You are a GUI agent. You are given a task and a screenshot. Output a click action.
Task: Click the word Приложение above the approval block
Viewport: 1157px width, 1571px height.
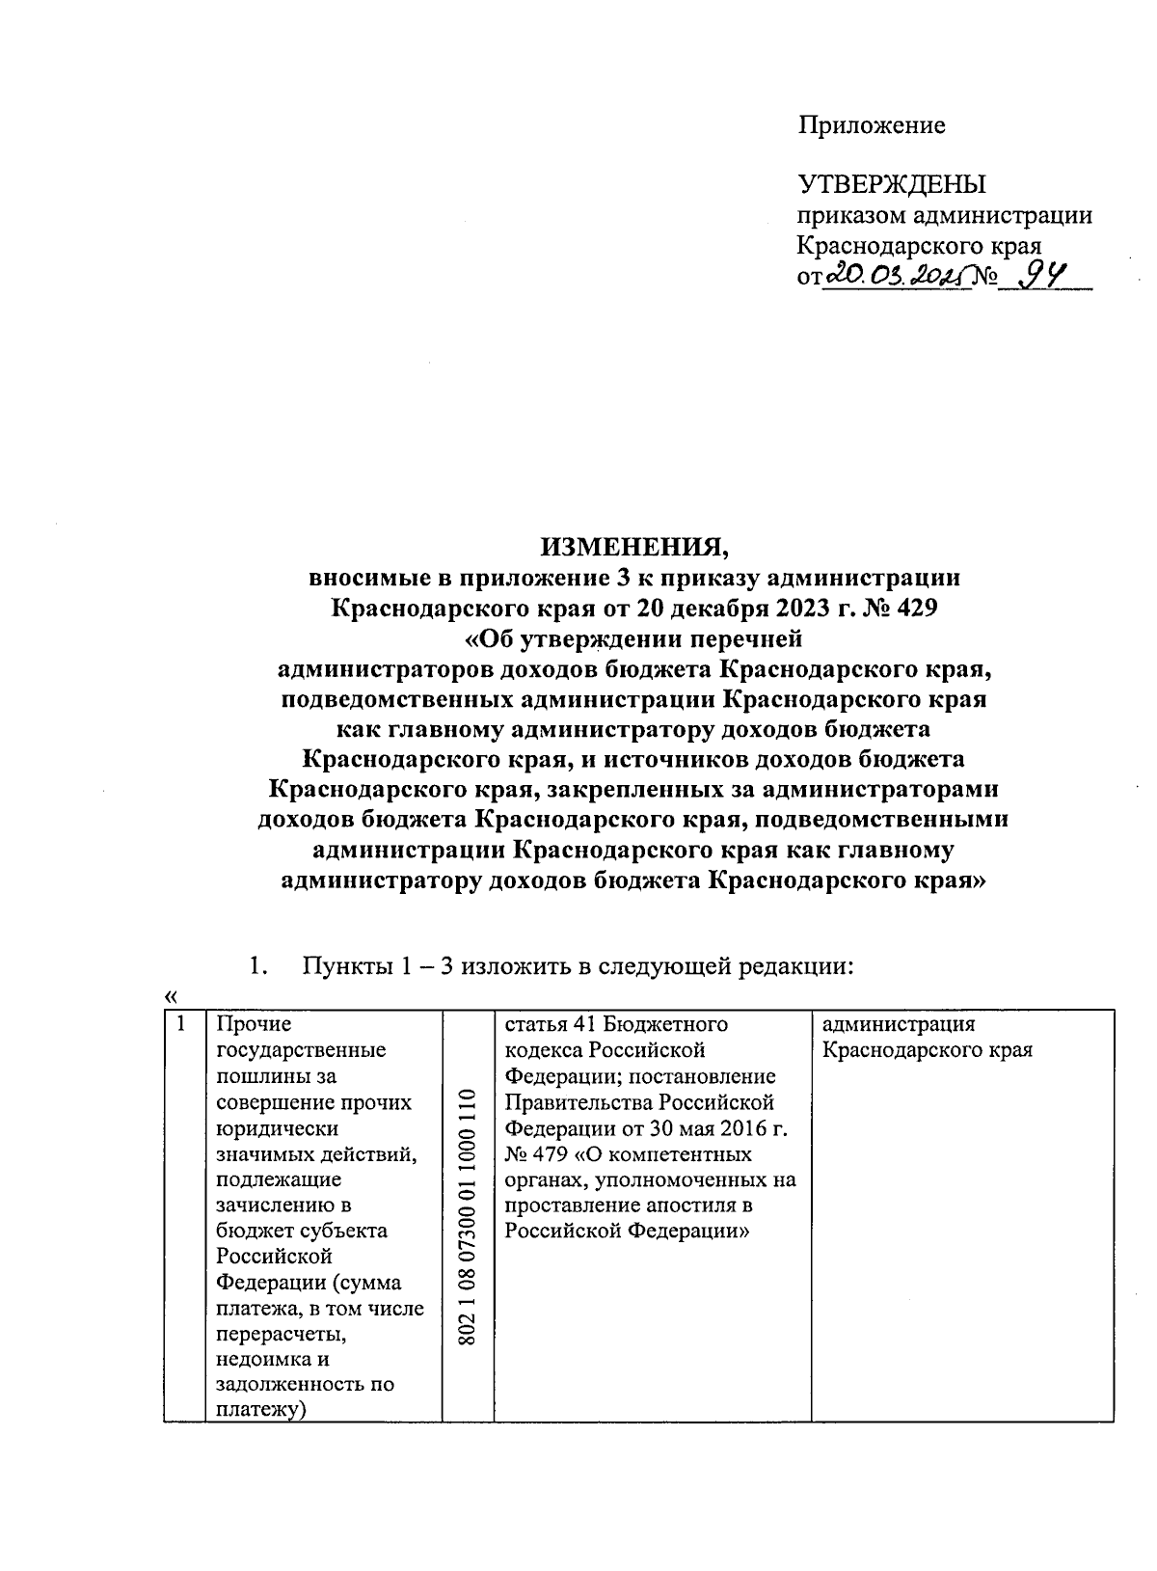(871, 125)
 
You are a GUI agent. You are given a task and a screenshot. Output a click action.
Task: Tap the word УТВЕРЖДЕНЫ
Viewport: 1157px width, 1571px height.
(892, 184)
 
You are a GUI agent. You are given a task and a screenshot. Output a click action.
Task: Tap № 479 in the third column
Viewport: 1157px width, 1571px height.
(531, 1153)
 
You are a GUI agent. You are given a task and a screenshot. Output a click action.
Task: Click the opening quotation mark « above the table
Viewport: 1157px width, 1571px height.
(171, 995)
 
